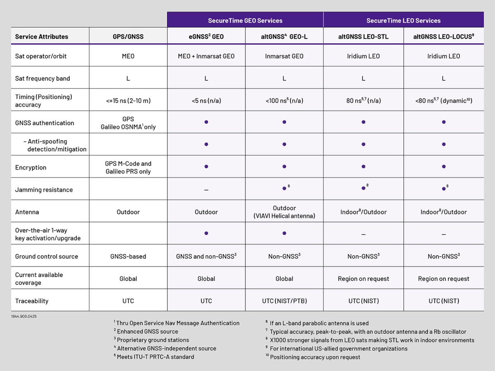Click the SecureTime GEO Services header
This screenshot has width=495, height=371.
[245, 20]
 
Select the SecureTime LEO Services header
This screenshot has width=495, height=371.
[403, 20]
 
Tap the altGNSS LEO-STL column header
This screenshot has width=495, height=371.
[363, 37]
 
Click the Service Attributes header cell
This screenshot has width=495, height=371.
[42, 37]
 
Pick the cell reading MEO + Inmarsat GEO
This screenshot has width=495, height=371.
[206, 56]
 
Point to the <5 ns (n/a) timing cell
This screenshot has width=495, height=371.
[206, 101]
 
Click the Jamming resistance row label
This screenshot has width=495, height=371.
[44, 190]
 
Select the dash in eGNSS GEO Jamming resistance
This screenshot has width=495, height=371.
[206, 190]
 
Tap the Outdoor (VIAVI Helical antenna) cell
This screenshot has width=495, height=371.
[284, 212]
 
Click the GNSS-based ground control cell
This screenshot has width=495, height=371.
[128, 256]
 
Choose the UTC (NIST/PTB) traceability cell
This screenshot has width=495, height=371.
[284, 301]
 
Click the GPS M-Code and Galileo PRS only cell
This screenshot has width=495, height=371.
[128, 167]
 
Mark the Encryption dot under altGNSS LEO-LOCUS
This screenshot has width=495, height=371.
[443, 167]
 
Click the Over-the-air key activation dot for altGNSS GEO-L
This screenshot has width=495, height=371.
[284, 233]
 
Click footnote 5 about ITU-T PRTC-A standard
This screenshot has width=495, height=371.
[154, 357]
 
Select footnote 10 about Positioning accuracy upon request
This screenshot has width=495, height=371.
[313, 357]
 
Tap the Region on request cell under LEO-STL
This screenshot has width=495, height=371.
[363, 279]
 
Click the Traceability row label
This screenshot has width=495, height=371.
[32, 301]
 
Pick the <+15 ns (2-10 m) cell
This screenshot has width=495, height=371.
[128, 101]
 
